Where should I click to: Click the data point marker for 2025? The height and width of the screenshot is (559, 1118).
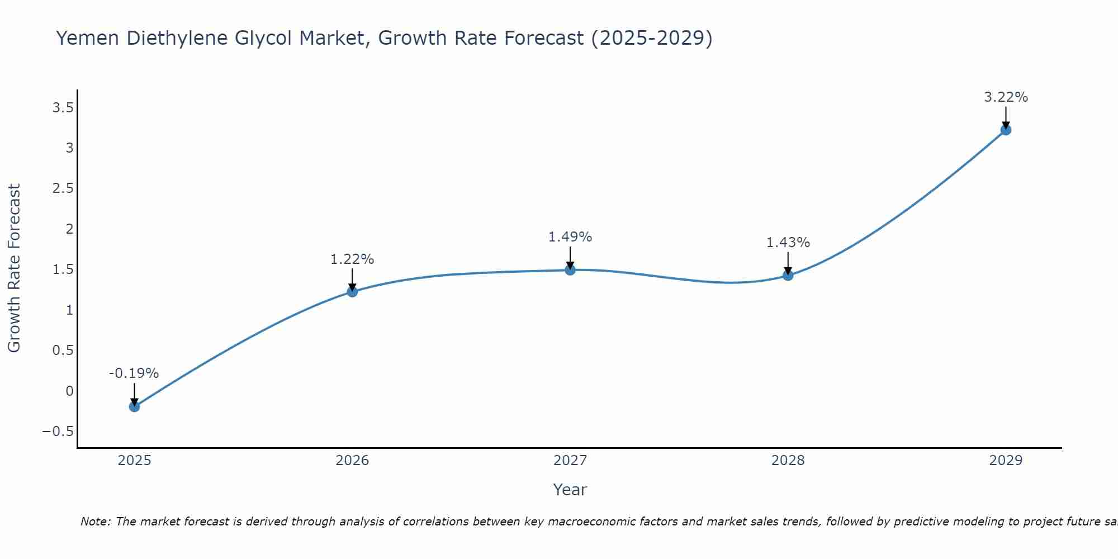pos(134,406)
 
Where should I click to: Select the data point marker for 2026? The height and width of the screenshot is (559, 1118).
pos(352,291)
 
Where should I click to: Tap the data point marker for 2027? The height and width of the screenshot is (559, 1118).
pos(570,270)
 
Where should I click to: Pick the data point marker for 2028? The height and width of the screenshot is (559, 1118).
pos(788,275)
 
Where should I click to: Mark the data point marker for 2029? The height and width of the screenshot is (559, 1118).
pos(1006,130)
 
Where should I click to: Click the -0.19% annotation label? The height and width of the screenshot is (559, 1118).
pos(134,373)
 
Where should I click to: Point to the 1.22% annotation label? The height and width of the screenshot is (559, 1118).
pos(352,259)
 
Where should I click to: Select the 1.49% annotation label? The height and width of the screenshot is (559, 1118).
pos(570,237)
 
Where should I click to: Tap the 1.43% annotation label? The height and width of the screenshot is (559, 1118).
pos(788,243)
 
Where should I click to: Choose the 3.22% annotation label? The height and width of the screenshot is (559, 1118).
pos(1006,97)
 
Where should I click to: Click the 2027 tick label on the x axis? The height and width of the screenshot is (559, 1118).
pos(570,461)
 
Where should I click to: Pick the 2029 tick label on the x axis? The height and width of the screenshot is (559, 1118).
pos(1006,461)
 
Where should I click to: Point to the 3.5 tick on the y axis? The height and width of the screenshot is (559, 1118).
pos(63,107)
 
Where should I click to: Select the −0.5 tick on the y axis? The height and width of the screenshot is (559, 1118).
pos(58,431)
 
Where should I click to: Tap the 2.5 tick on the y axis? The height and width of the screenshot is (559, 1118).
pos(63,188)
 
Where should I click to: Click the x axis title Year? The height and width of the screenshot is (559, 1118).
pos(570,490)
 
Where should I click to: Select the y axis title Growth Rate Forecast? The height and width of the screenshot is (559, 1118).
pos(14,268)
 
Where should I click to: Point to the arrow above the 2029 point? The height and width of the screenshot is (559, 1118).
pos(1006,117)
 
